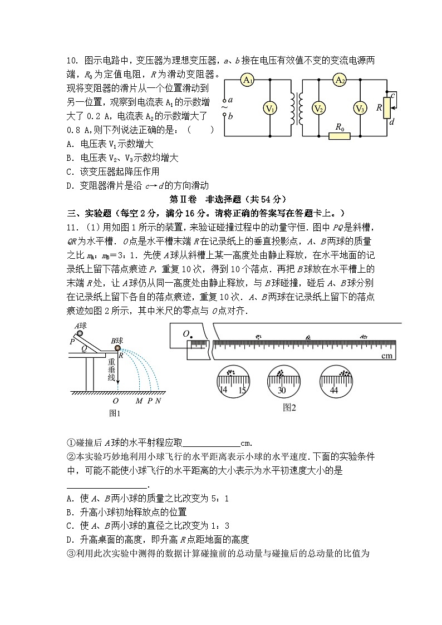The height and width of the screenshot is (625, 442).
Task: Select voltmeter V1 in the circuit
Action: click(269, 109)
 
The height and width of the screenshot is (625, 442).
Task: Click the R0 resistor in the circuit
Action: click(339, 135)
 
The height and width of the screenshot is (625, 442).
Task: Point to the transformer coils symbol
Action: click(296, 109)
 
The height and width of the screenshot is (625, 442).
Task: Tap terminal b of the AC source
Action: click(225, 116)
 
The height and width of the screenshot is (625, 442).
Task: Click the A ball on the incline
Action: click(81, 333)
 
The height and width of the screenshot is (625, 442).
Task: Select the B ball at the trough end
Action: click(119, 348)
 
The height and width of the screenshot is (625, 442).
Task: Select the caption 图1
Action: click(115, 413)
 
